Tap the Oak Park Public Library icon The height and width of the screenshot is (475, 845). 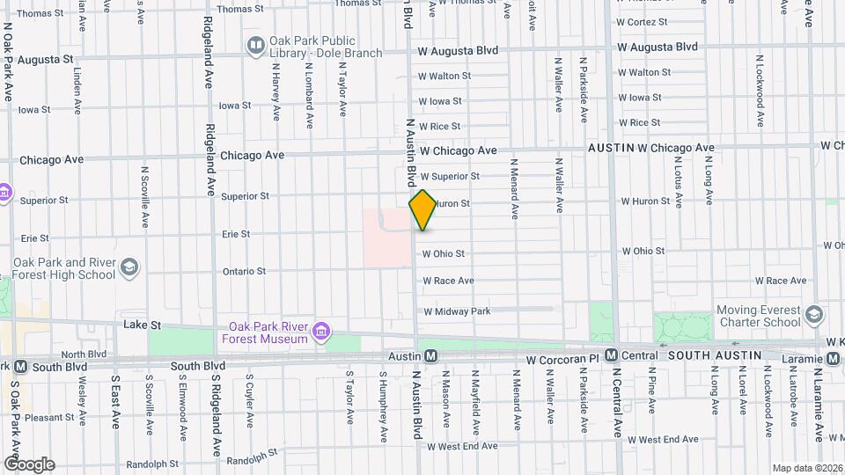click(x=255, y=44)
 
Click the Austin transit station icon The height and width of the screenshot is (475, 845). click(x=431, y=356)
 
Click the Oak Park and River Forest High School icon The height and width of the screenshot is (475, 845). click(x=129, y=267)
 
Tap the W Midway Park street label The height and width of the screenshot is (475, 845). click(x=456, y=311)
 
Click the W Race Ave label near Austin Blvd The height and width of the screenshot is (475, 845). click(x=448, y=281)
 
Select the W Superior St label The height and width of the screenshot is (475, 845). click(x=449, y=176)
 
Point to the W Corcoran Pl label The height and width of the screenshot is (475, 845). click(x=562, y=361)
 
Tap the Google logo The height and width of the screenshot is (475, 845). click(x=29, y=464)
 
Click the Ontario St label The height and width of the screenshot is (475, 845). click(x=244, y=271)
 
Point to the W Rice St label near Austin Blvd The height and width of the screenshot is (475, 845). click(x=439, y=127)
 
